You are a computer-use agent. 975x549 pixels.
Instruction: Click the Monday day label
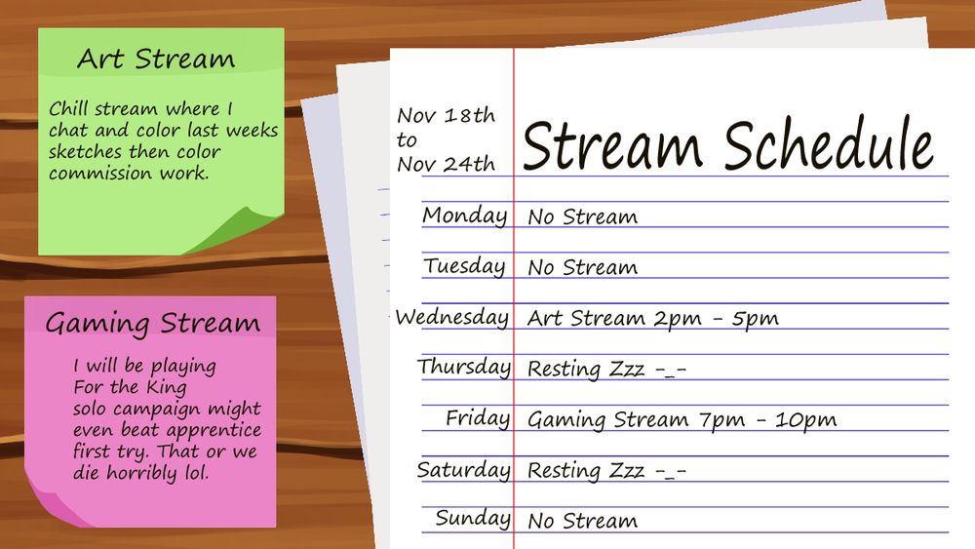464,216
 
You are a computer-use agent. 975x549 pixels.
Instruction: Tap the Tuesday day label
464,266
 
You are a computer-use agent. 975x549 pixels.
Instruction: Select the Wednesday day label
451,318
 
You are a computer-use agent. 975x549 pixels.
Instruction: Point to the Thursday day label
464,368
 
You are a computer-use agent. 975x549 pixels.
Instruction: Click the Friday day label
478,418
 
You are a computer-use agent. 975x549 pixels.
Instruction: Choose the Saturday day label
463,470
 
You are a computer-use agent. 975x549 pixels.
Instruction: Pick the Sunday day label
473,518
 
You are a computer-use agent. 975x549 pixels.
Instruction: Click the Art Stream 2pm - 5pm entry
652,318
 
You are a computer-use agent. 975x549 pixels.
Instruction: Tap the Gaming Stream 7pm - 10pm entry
682,420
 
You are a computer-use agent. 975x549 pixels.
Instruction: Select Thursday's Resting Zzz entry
606,369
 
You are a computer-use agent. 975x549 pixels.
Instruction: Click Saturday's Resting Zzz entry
606,471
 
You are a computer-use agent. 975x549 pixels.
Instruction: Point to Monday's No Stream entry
582,216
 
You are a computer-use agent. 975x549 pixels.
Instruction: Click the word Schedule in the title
829,146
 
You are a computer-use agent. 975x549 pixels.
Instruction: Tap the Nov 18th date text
446,115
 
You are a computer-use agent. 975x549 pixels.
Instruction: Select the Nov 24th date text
446,164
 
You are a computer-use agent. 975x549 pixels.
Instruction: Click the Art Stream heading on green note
156,59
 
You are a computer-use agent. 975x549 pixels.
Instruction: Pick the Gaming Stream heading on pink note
152,324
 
